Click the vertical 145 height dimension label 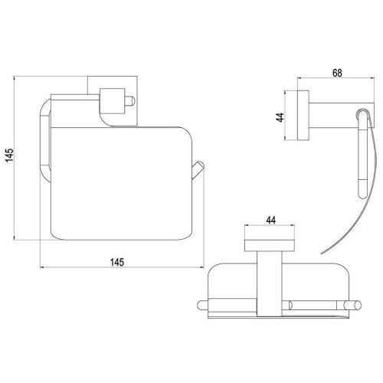9,155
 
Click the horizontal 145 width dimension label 117,262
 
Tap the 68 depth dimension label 337,73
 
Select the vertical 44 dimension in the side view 280,117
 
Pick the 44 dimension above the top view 271,220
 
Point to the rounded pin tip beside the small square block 129,101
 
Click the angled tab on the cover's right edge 198,170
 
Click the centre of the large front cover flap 121,183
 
